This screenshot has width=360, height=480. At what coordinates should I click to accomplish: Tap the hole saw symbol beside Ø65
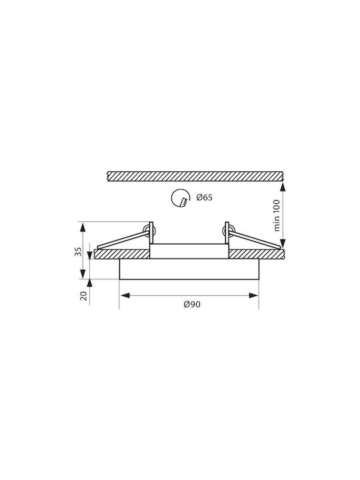coord(180,198)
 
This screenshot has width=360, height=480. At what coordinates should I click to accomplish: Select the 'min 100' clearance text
coord(277,215)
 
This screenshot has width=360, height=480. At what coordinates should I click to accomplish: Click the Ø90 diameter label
coord(192,304)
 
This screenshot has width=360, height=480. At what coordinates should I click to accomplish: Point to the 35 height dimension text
coord(79,251)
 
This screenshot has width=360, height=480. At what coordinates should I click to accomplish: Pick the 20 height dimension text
coord(83,296)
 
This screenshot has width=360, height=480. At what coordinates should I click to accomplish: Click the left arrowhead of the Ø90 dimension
coord(125,295)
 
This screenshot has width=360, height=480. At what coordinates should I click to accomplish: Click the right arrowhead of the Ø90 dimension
coord(254,295)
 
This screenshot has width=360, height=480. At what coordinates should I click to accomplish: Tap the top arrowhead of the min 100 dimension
coord(283,187)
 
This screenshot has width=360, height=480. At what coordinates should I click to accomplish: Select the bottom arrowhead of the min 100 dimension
coord(283,243)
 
